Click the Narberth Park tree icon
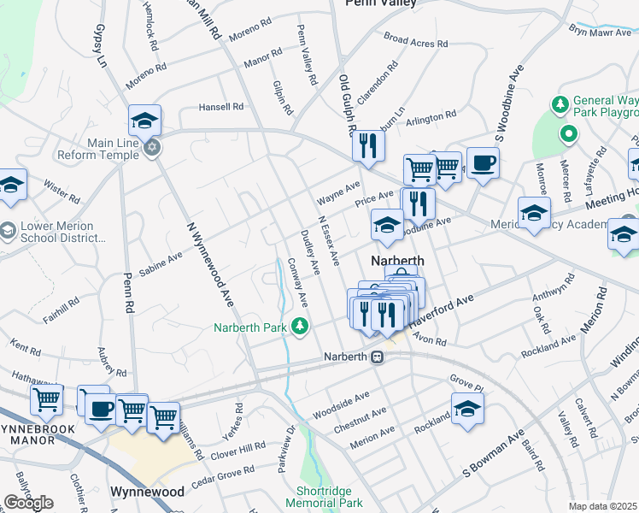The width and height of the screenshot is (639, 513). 300,325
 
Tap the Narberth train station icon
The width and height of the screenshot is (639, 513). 376,357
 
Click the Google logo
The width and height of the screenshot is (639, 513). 28,502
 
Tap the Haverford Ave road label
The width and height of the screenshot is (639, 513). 440,315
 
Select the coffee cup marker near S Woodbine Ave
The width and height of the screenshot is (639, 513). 483,162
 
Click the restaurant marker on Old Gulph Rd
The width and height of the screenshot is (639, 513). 368,144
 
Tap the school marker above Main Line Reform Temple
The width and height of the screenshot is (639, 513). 145,120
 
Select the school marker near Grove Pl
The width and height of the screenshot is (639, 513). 467,410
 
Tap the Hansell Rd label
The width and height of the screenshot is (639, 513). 221,107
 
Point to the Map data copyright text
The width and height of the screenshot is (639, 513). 603,506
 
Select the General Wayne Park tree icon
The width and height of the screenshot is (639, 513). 560,105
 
